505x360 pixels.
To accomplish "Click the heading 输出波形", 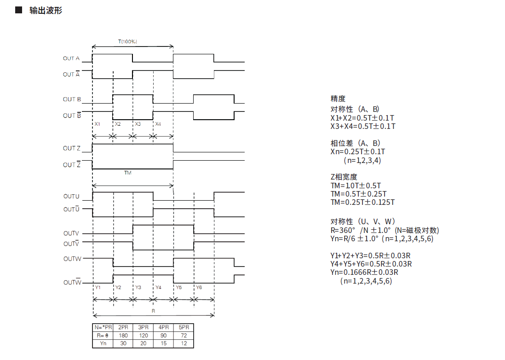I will (x=46, y=10).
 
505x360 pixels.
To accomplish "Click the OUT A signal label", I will (x=71, y=58).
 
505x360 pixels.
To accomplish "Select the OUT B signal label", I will (x=72, y=99).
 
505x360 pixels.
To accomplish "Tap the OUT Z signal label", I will (x=72, y=148).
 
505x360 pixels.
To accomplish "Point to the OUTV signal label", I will (x=71, y=234).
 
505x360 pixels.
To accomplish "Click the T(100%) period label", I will (x=127, y=41).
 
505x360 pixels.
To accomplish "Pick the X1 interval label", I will (x=98, y=124).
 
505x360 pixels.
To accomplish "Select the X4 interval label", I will (x=158, y=124).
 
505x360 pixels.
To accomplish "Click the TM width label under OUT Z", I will (x=128, y=173).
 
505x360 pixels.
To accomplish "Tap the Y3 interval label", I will (x=138, y=287).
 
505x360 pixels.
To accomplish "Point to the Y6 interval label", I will (x=199, y=287).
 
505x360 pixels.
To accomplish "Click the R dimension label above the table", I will (x=153, y=311).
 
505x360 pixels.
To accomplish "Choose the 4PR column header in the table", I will (x=163, y=327).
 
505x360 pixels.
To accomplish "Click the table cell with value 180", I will (x=123, y=336).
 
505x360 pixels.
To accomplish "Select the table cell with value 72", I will (x=184, y=336).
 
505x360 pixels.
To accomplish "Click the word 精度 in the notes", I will (x=338, y=99).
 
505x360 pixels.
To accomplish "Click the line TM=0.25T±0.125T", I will (x=362, y=202).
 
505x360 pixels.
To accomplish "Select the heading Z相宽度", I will (x=344, y=177).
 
